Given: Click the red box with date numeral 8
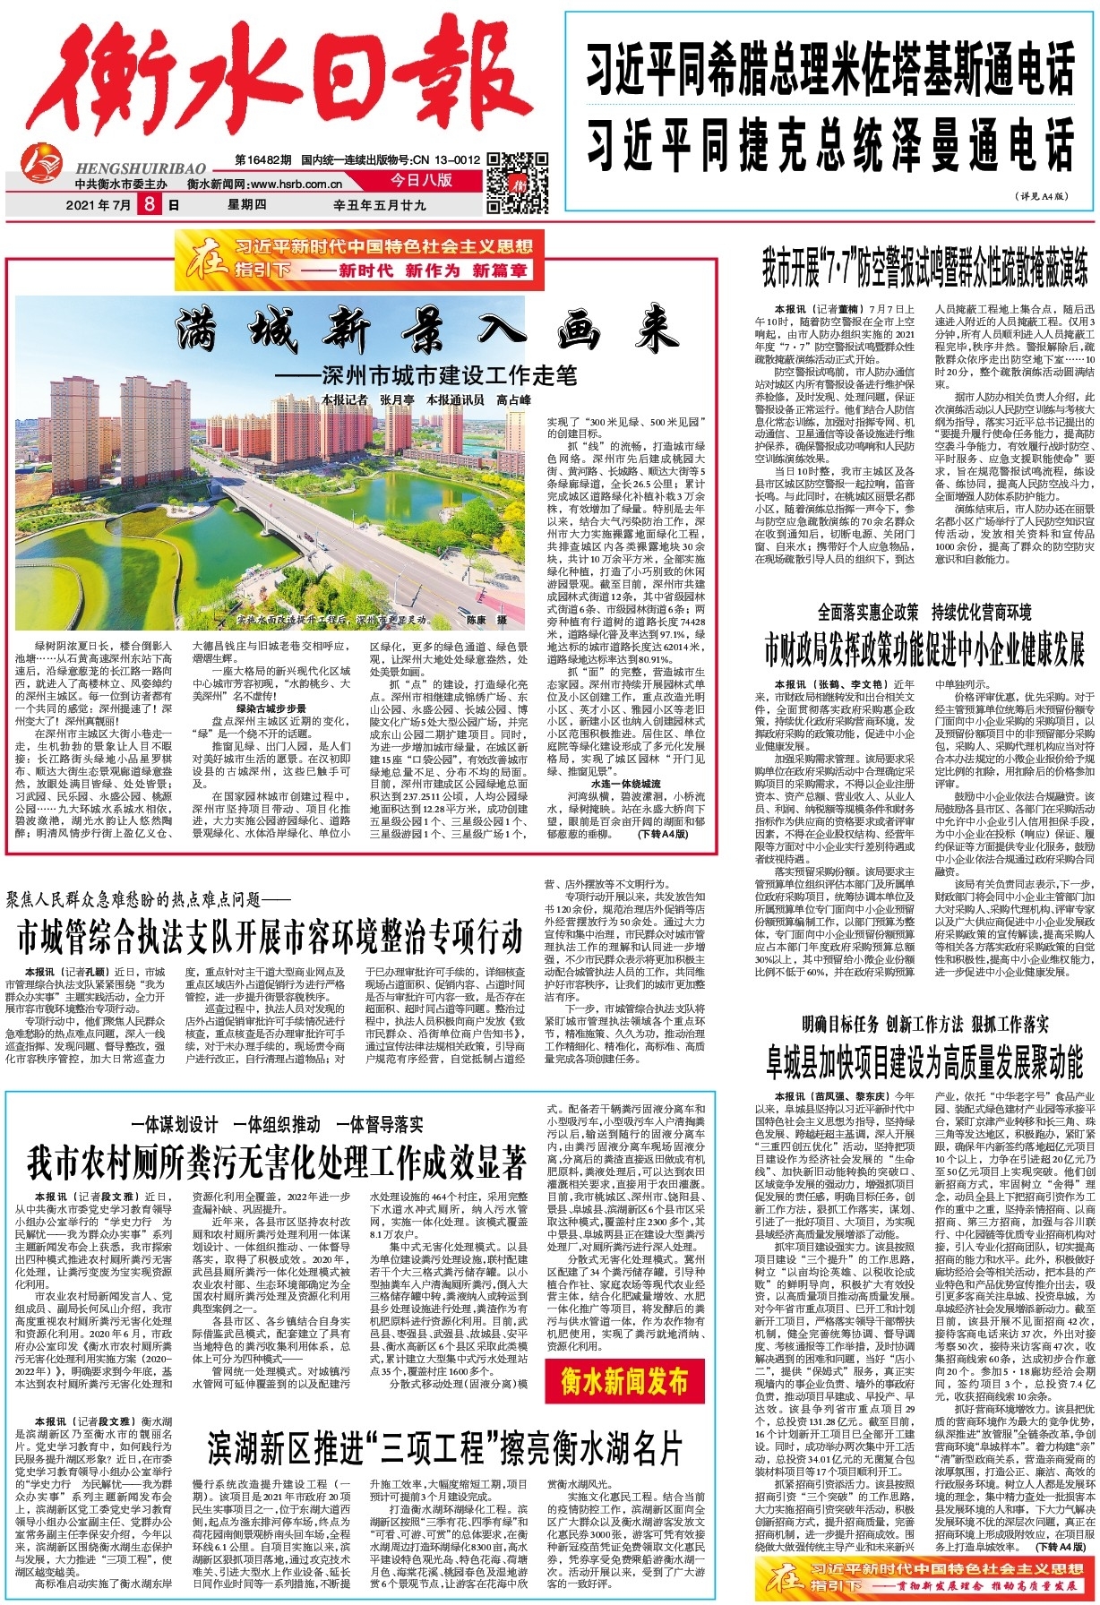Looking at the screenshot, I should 149,205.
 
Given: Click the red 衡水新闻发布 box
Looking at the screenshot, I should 624,1381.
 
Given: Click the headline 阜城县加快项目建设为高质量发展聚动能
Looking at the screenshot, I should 924,1062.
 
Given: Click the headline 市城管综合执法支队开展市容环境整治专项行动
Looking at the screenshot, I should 270,938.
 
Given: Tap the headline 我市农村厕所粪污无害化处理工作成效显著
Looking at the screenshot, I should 277,1164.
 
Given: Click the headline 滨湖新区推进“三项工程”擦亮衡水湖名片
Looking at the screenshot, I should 445,1448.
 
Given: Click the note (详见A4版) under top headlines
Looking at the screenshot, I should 1042,195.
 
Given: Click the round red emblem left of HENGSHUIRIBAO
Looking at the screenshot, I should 41,160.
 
